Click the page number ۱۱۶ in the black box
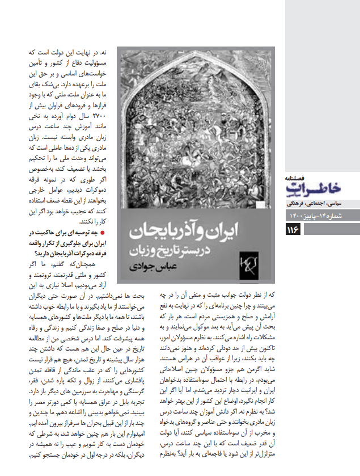293,229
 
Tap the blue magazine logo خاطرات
312,188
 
